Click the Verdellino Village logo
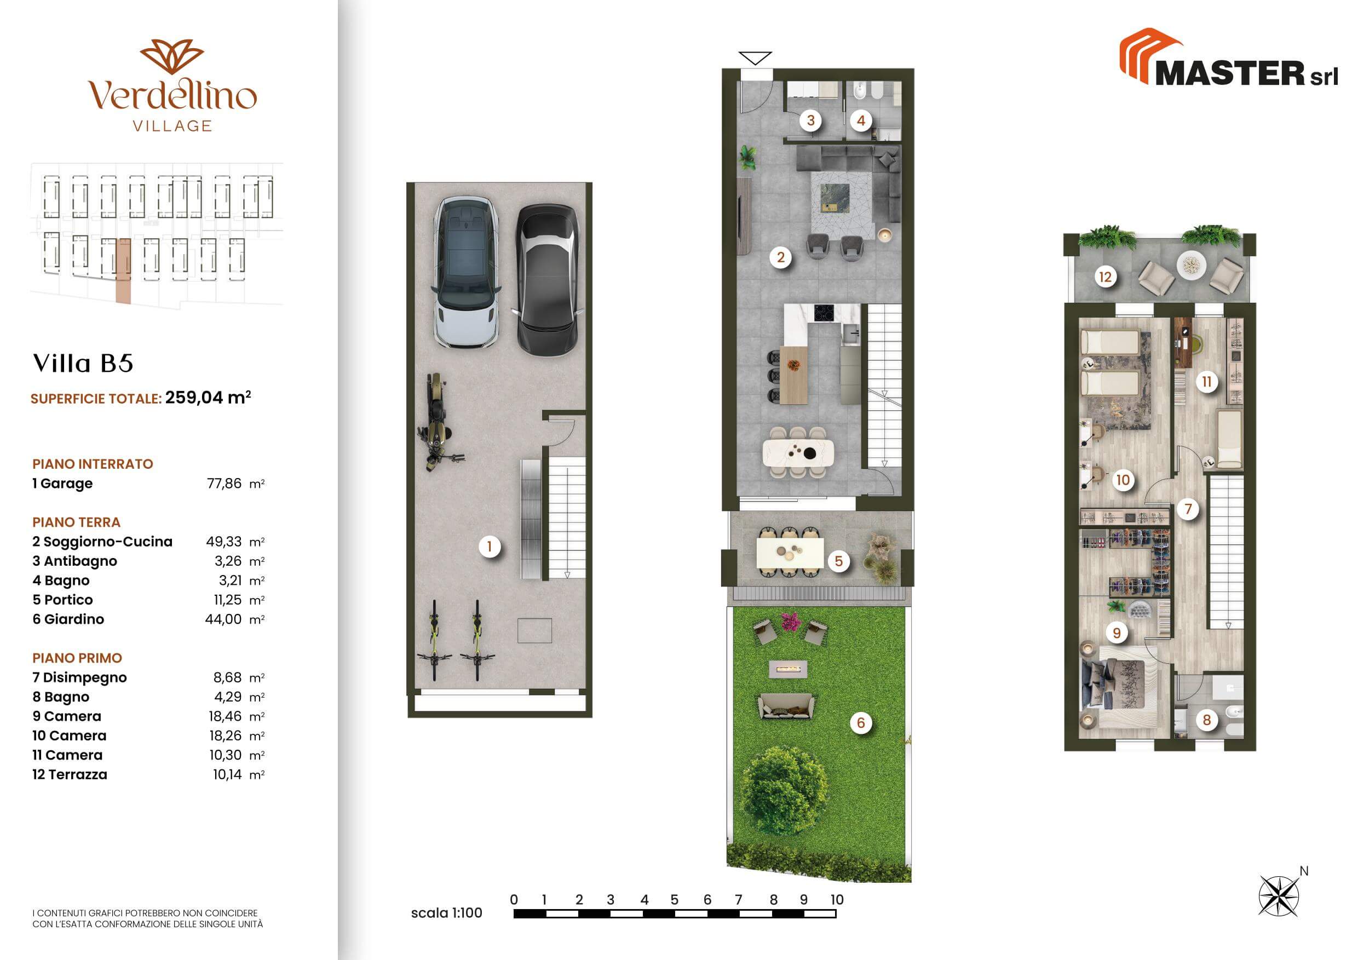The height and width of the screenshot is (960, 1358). pos(172,85)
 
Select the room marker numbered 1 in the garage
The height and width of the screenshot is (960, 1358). pos(489,547)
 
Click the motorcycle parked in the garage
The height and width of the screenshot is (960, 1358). pos(438,422)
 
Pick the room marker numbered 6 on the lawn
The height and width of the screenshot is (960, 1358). pos(861,722)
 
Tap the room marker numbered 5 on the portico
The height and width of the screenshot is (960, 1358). pos(838,561)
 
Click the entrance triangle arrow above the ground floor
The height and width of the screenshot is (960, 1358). pos(755,58)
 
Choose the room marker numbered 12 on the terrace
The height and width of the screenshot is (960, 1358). pos(1105,276)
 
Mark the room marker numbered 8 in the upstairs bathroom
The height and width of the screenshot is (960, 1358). pos(1206,720)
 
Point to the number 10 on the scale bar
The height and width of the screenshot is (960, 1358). pos(836,900)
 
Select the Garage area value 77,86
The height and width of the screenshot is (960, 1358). pos(224,483)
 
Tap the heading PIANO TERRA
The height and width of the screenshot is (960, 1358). pos(76,522)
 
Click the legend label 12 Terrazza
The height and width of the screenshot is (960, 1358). pos(70,774)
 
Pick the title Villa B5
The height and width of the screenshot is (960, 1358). pos(83,363)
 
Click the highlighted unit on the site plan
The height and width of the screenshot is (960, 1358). pos(123,271)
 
